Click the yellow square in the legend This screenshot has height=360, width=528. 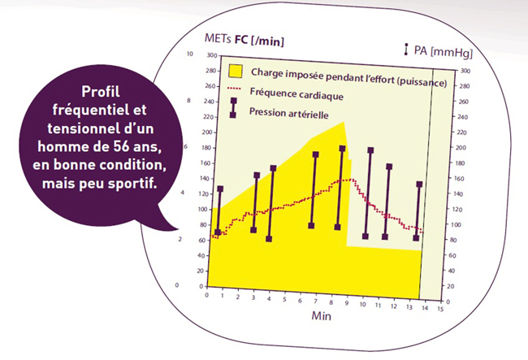coord(236,71)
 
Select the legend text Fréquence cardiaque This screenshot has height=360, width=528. coord(296,94)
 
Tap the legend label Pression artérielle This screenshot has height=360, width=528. coord(289,113)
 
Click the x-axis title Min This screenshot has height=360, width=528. coord(321,315)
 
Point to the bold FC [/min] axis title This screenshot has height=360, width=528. coord(259,41)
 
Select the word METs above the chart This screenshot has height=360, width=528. coord(218,38)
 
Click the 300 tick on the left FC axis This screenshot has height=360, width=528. coord(211,55)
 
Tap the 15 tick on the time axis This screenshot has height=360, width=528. coord(440,309)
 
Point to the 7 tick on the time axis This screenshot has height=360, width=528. coord(315,301)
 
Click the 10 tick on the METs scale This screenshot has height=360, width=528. coord(190,54)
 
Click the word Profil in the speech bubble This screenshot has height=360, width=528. coord(101,91)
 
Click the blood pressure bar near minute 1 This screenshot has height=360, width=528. coord(219,210)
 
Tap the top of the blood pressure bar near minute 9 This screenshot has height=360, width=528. coord(342,149)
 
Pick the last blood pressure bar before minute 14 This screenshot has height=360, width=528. coord(418,211)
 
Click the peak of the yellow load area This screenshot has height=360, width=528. coord(344,122)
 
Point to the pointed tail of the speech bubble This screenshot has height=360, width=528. coord(177,229)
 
